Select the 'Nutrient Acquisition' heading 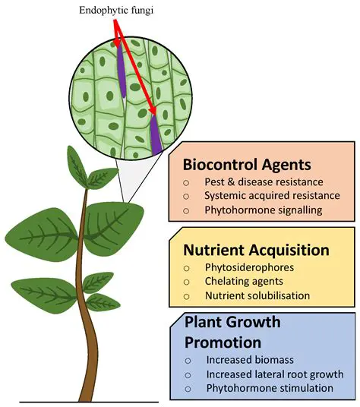click(256, 250)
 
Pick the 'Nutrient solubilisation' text click(257, 295)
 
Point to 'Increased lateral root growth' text click(274, 374)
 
